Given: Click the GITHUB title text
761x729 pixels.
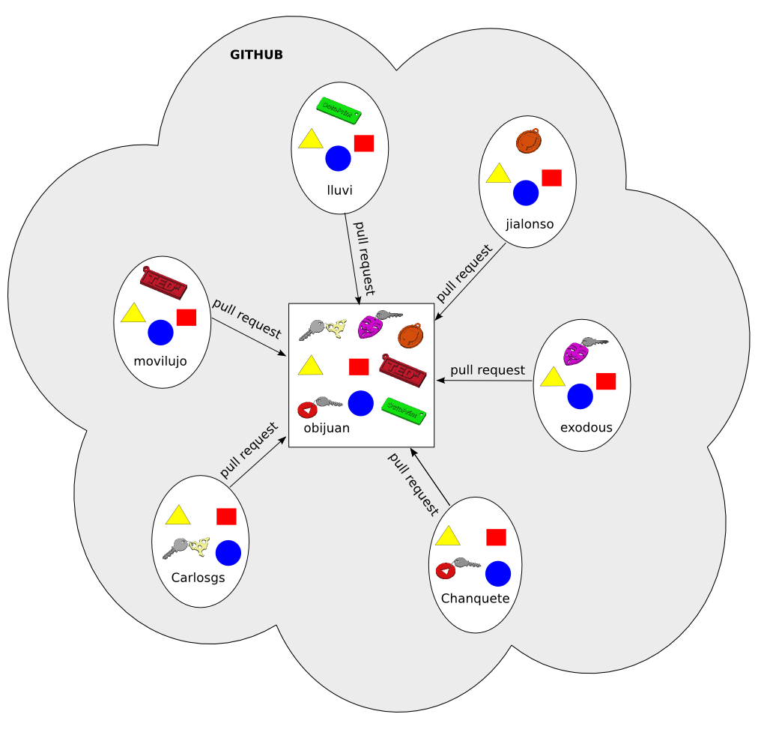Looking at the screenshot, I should coord(256,55).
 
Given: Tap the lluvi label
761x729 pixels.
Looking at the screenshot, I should coord(339,190).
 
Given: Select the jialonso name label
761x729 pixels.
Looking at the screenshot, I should coord(530,224).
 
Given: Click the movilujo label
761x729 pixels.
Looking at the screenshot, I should coord(160,362).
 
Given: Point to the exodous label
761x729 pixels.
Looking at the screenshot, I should coord(586,428).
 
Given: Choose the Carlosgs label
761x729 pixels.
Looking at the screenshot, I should coord(198,578).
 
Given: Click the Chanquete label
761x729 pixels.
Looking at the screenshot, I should coord(476,599).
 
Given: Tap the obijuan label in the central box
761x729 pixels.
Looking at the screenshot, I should coord(327,429).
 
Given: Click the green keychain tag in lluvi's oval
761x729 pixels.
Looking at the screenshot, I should coord(339,109).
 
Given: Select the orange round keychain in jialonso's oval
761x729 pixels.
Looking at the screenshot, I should coord(530,142).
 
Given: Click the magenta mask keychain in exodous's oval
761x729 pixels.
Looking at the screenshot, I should coord(576,352).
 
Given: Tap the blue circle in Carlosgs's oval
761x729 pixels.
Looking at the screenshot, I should coord(228,553).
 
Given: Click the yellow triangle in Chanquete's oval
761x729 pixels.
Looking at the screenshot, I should coord(447,536).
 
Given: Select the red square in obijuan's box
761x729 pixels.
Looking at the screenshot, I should coord(359,367).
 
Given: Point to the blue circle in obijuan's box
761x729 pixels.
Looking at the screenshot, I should coord(360,403).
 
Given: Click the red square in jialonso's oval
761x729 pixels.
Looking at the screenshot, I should coord(551,178).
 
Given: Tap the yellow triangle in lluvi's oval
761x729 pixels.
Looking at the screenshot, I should coord(310,139).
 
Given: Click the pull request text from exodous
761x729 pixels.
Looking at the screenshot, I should coord(488,369).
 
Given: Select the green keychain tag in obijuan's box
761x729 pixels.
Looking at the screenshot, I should coord(404,409).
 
